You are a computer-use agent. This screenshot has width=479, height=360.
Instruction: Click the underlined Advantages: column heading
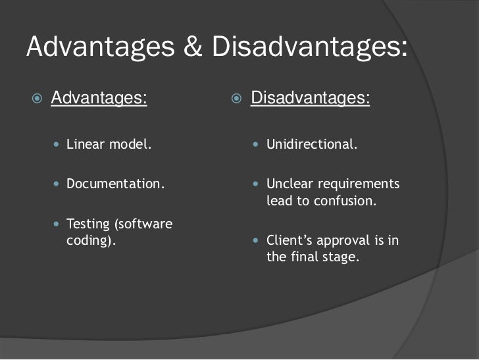click(x=99, y=99)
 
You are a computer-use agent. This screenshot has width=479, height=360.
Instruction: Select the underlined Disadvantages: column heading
click(x=311, y=99)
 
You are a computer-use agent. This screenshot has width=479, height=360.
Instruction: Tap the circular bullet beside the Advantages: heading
click(x=38, y=99)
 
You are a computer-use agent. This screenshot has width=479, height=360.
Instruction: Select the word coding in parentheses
click(x=91, y=240)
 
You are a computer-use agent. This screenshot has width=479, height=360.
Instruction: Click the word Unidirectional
click(x=312, y=144)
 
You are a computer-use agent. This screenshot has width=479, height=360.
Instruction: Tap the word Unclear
click(x=287, y=184)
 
